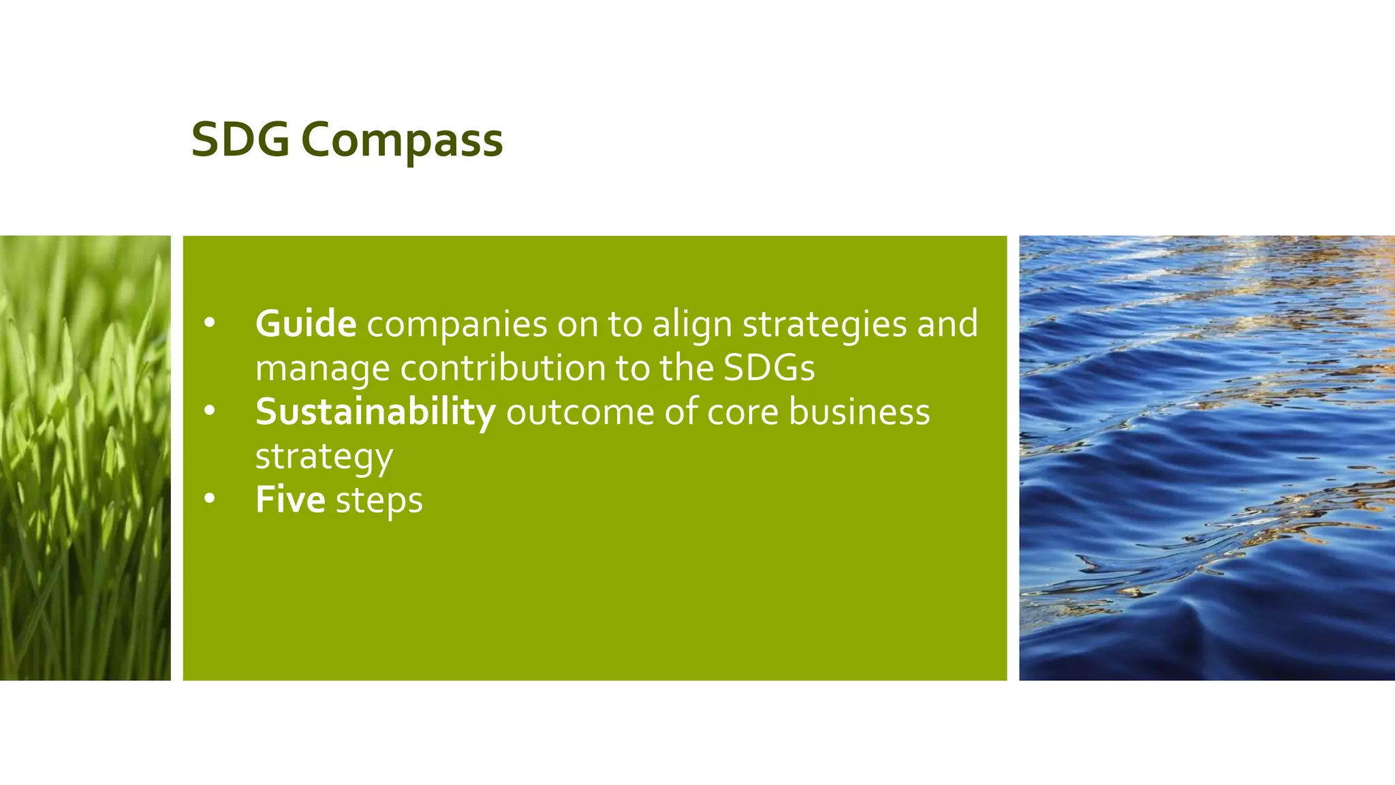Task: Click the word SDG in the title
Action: (240, 140)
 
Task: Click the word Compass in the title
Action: (402, 141)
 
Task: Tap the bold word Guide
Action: (306, 324)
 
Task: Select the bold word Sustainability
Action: (375, 412)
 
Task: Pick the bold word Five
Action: (290, 500)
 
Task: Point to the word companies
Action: (457, 325)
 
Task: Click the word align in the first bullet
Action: (692, 325)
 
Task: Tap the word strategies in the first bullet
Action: (824, 325)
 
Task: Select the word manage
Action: (322, 369)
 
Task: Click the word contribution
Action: (503, 368)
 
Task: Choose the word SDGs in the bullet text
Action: (769, 368)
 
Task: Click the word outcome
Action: (580, 412)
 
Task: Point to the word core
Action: (742, 413)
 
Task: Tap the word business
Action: (860, 412)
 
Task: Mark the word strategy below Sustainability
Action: (324, 457)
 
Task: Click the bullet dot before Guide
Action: (209, 323)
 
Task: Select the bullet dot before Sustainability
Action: (209, 411)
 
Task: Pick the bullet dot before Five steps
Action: (209, 499)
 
